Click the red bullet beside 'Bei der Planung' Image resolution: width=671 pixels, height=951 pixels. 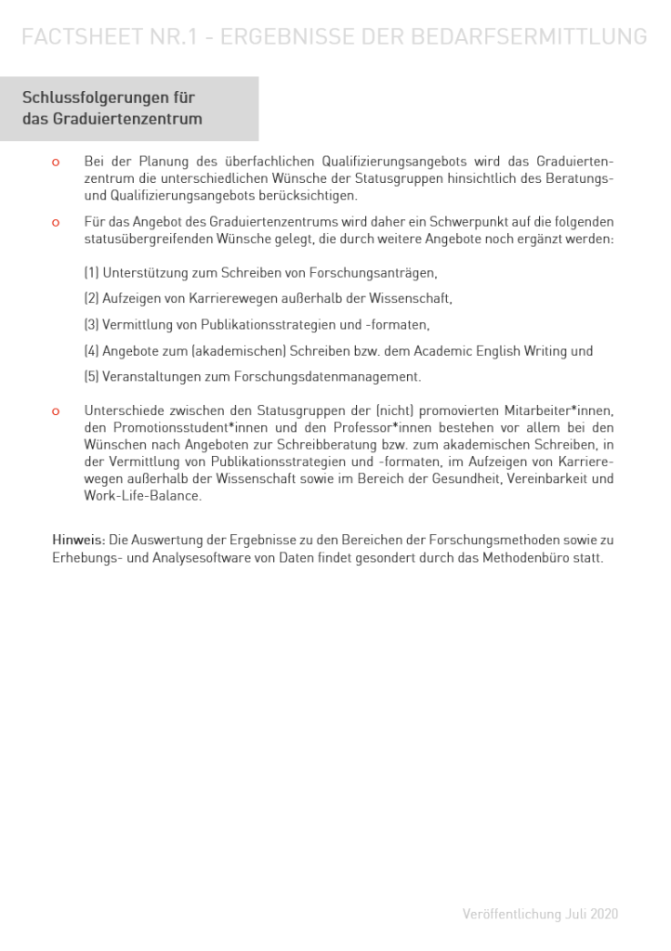coord(56,163)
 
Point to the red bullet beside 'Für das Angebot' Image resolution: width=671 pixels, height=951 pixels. coord(56,223)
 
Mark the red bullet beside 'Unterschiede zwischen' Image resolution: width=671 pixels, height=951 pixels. coord(56,410)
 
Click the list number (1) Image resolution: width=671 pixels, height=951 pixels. coord(91,273)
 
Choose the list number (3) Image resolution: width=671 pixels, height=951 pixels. coord(91,325)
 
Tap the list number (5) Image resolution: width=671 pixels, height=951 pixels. coord(91,377)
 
